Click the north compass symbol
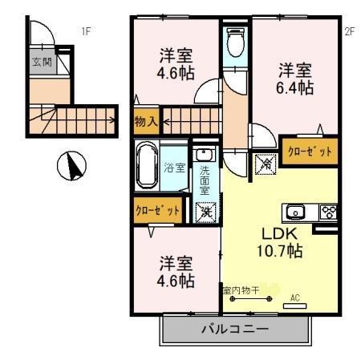73,167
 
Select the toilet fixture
234,43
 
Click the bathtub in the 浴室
147,166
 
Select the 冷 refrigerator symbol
265,164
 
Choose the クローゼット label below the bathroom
157,211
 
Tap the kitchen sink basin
294,212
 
